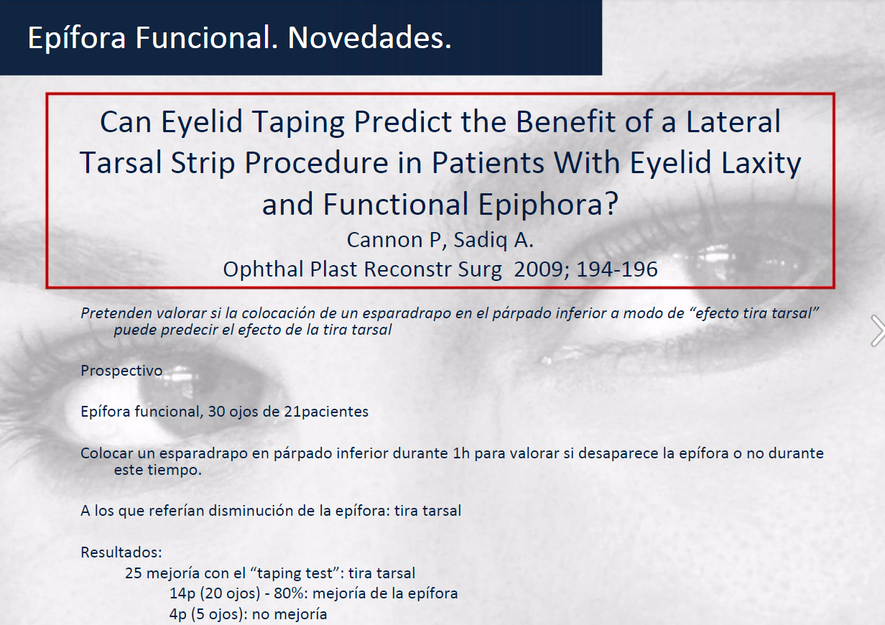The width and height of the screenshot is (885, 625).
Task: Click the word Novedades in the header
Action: click(x=369, y=38)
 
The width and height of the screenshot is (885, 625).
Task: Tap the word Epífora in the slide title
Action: click(x=77, y=39)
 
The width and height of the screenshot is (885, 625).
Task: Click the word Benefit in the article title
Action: click(x=565, y=121)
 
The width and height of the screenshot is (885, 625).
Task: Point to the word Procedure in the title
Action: click(x=317, y=163)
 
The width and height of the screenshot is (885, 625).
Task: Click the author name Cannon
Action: click(x=394, y=240)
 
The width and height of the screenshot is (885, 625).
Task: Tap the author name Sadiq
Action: click(x=480, y=241)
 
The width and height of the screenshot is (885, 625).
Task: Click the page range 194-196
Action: click(x=617, y=269)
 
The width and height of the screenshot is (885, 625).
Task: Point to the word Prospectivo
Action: click(x=121, y=371)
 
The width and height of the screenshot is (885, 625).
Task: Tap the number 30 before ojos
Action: click(x=216, y=412)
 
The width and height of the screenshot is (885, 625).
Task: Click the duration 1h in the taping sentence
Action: click(x=461, y=453)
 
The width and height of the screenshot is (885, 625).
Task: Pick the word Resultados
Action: click(x=121, y=552)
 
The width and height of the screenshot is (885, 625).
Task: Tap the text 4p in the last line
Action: click(x=178, y=615)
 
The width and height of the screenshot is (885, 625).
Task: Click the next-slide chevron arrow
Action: click(x=878, y=330)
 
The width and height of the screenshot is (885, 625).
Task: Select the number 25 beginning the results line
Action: click(x=134, y=573)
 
